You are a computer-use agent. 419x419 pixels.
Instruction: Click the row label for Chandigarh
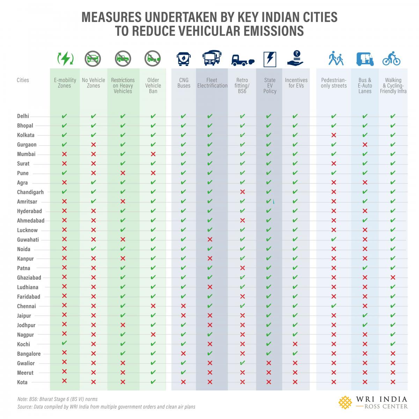click(30, 192)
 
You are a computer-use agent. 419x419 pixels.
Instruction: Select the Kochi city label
click(24, 344)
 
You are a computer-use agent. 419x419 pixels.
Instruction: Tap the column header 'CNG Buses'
click(184, 83)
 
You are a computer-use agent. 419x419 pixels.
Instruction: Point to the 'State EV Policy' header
click(270, 86)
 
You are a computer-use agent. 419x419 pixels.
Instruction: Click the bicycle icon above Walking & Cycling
click(391, 59)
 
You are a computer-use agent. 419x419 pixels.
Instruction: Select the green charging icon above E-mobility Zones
click(65, 59)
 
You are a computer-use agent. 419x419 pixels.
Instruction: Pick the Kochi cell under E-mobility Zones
click(64, 343)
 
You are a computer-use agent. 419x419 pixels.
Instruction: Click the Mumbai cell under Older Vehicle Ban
click(153, 154)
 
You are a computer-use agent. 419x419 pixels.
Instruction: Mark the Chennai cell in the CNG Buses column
click(184, 306)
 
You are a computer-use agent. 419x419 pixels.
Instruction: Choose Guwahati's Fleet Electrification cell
click(210, 240)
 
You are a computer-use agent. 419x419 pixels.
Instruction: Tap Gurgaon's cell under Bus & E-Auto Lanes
click(365, 145)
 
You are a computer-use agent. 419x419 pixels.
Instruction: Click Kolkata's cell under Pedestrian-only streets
click(333, 135)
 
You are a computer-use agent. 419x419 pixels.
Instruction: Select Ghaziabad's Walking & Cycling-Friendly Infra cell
click(393, 278)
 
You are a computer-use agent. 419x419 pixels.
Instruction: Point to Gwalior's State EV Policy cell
click(269, 363)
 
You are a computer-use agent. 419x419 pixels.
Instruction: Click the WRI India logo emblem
click(345, 402)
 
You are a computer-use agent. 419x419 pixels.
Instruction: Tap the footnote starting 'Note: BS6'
click(57, 399)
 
